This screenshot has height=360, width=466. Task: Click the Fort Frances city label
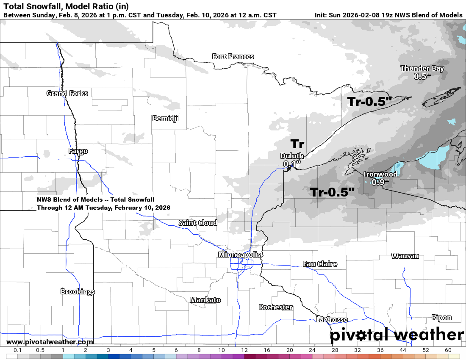tap(233, 57)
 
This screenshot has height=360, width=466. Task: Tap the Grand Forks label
tap(67, 93)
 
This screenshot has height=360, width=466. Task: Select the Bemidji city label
tap(165, 119)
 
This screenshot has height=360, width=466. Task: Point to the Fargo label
tap(78, 151)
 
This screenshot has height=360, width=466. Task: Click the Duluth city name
tap(292, 156)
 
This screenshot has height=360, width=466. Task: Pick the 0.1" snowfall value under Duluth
tap(292, 163)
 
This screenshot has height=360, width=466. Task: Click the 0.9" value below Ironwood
tap(380, 182)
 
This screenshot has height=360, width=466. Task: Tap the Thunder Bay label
tap(422, 69)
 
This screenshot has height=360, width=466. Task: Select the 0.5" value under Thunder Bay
tap(422, 76)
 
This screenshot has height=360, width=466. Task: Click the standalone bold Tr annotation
tap(297, 144)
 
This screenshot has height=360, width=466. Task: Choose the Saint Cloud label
tap(198, 223)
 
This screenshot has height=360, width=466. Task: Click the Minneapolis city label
tap(239, 255)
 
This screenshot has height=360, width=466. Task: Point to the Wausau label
tap(405, 256)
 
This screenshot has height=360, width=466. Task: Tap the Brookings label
tap(78, 291)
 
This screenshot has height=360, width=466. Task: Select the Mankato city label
tap(205, 300)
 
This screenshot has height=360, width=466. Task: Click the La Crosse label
tap(332, 319)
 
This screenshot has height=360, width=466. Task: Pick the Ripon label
tap(441, 317)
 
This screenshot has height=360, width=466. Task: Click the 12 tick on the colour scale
tap(244, 350)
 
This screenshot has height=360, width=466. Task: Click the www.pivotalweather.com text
tap(50, 342)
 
